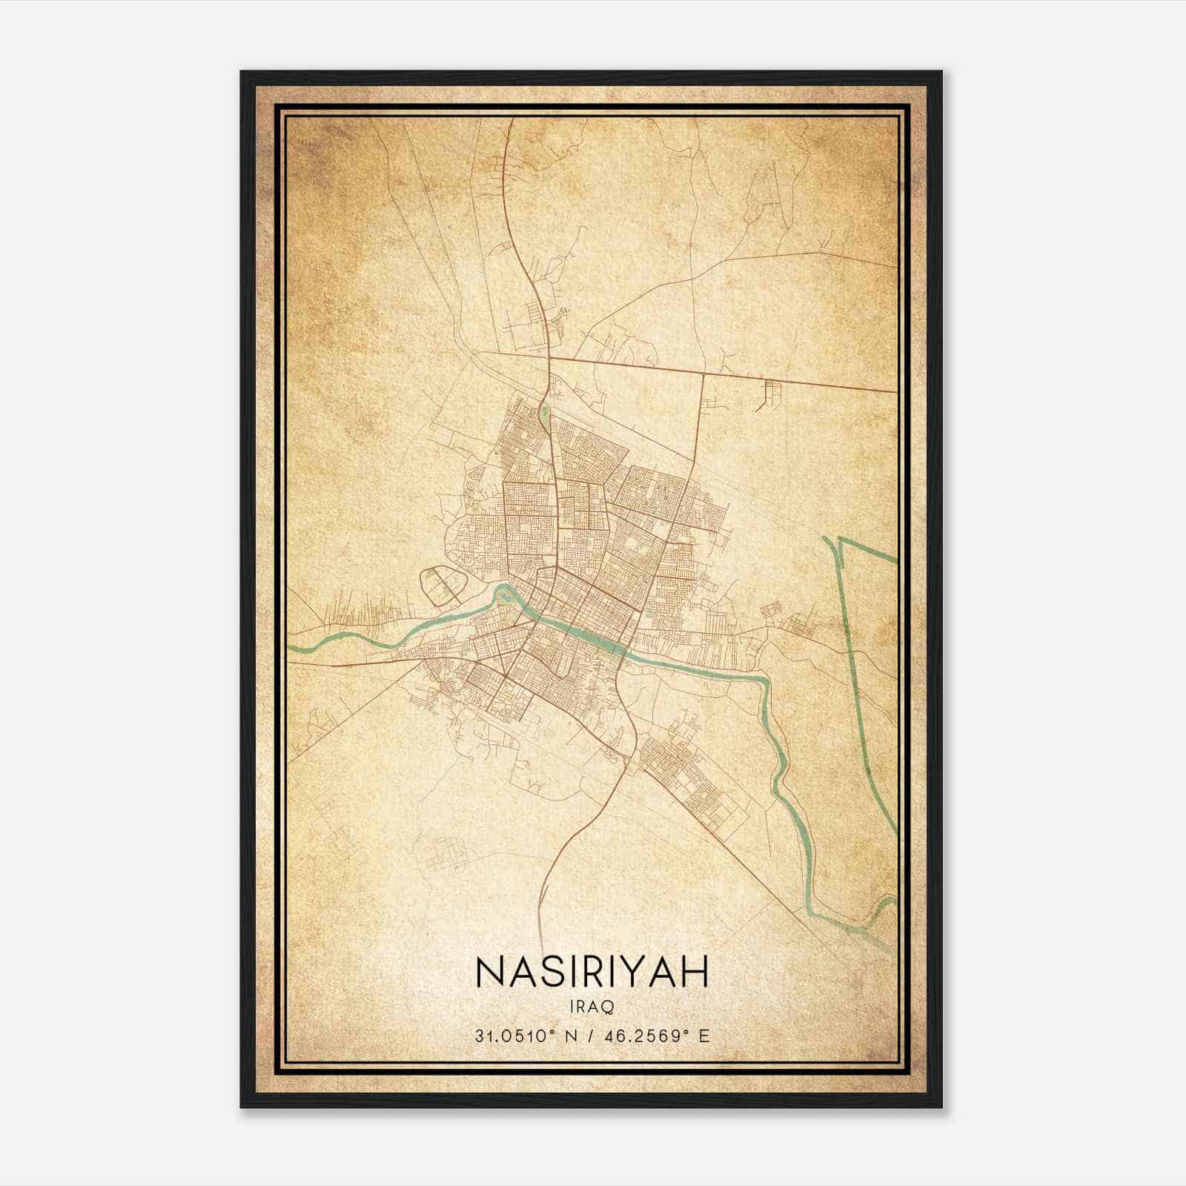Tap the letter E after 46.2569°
click(705, 1035)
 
